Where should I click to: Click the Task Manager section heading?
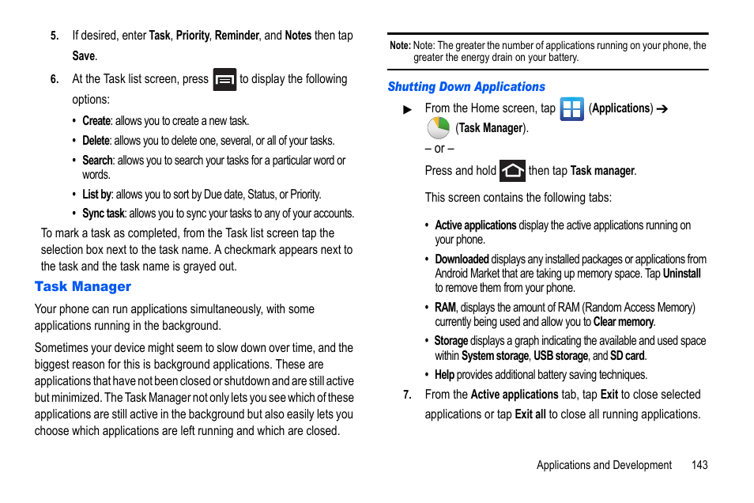(x=83, y=286)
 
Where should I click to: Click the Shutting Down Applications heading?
(x=466, y=87)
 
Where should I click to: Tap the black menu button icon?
(x=224, y=80)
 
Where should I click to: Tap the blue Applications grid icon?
(x=571, y=109)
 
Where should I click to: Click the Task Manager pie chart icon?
(x=439, y=128)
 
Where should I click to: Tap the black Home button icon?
(x=512, y=171)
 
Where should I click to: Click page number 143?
(x=699, y=465)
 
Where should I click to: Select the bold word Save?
(x=83, y=56)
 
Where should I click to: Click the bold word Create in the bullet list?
(x=96, y=121)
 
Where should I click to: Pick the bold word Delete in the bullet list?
(x=96, y=141)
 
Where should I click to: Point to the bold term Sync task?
(x=104, y=214)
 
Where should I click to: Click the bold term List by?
(x=96, y=194)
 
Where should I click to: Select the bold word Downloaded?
(x=462, y=259)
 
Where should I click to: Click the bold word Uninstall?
(x=681, y=274)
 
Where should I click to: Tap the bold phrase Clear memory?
(x=623, y=322)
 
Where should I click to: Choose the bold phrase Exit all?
(x=530, y=414)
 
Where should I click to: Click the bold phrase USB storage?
(x=560, y=356)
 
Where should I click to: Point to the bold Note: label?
(x=399, y=46)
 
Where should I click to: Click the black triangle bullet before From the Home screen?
(x=408, y=110)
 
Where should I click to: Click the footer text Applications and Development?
(x=604, y=465)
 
